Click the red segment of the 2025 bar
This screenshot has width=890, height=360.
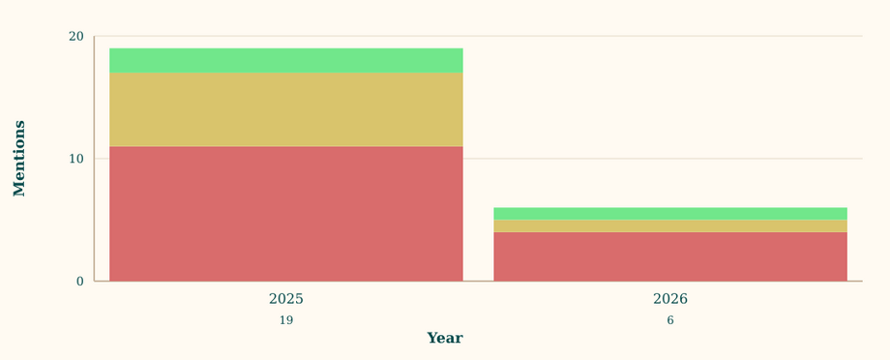tap(285, 214)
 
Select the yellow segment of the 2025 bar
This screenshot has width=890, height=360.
tap(285, 109)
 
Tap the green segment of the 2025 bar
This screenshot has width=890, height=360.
tap(285, 61)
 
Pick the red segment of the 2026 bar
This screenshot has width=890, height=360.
tap(669, 256)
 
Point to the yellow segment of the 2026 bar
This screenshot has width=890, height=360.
tap(669, 225)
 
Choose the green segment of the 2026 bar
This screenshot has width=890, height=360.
tap(669, 213)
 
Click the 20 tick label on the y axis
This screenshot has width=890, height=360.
tap(75, 37)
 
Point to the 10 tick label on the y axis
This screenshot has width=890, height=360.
tap(75, 159)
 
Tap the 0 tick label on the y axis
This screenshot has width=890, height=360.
tap(80, 282)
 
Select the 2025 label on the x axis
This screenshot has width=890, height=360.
tap(285, 299)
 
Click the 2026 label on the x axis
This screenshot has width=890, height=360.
tap(669, 299)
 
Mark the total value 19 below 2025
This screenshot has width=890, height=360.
tap(285, 320)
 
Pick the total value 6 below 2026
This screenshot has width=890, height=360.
tap(669, 320)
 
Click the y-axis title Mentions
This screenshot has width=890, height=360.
tap(19, 159)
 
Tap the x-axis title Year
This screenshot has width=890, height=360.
tap(444, 338)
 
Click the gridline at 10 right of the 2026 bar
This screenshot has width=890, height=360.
tap(855, 159)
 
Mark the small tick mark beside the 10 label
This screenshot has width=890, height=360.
tap(91, 159)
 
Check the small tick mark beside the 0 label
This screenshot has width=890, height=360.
tap(91, 282)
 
